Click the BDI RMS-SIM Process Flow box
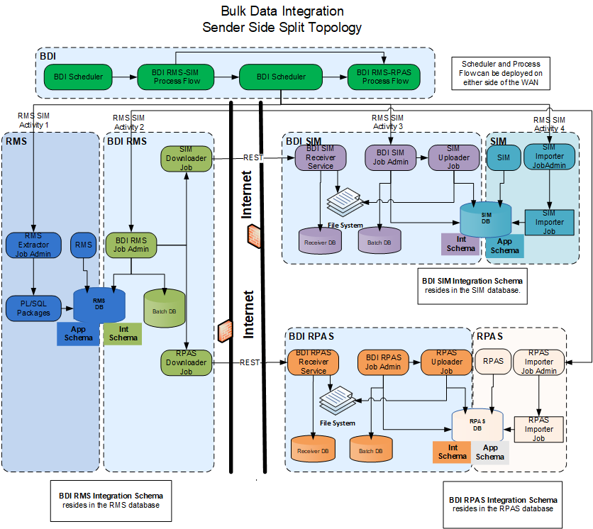[177, 77]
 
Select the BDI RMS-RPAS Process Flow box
[383, 77]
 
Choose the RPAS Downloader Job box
[186, 362]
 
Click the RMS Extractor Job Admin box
[35, 245]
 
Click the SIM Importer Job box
[549, 222]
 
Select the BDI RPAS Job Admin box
[383, 362]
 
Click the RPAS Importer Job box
[538, 429]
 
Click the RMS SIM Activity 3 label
[387, 122]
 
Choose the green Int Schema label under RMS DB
[123, 333]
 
